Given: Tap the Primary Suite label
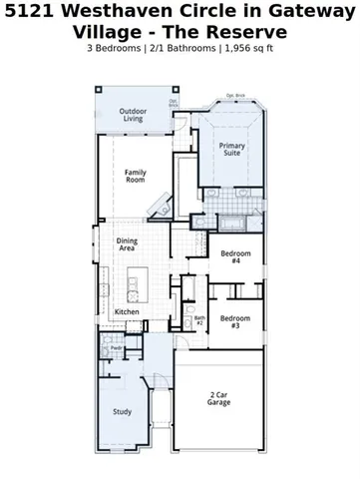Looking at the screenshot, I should click(232, 150).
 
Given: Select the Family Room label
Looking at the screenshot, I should click(136, 177).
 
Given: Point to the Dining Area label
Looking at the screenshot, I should click(127, 244).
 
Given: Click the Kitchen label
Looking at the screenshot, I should click(127, 312).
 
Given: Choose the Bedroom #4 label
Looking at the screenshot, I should click(235, 256).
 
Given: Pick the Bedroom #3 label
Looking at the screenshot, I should click(234, 322).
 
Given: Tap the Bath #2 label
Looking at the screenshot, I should click(199, 321).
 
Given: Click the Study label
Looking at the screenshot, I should click(123, 411).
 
